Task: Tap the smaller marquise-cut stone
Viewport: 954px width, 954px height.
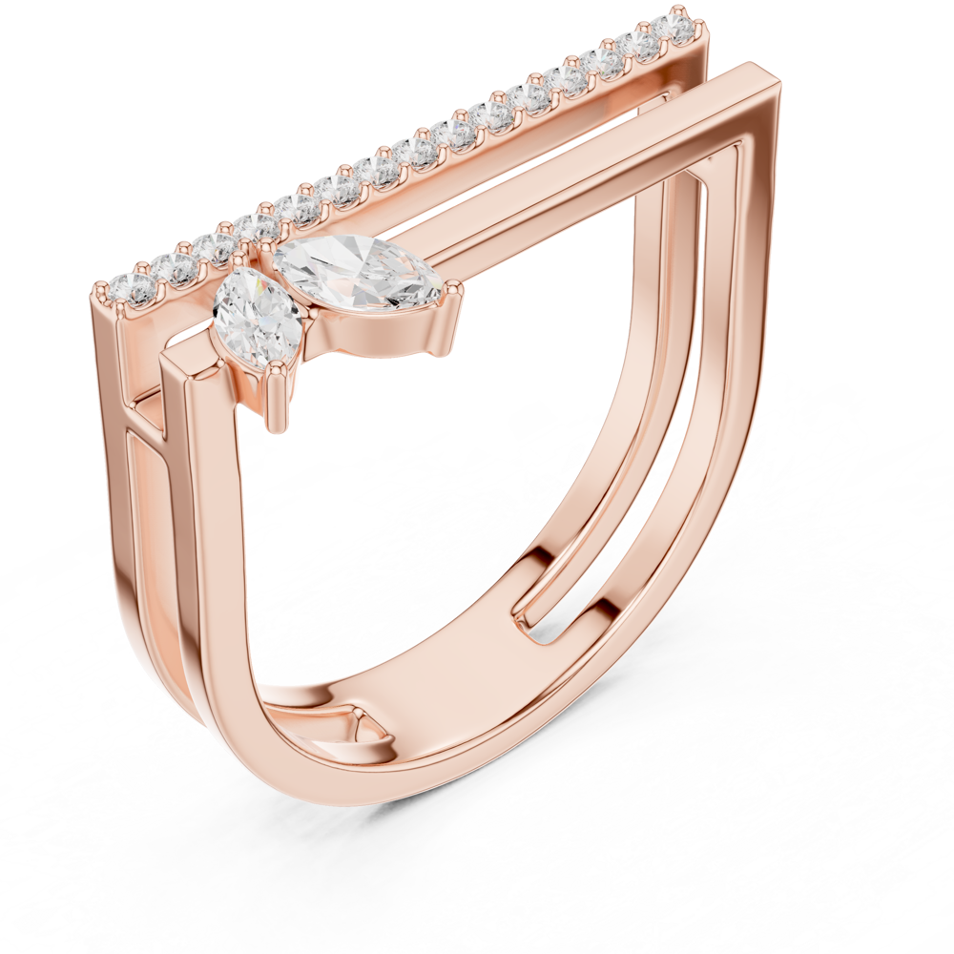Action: click(x=256, y=313)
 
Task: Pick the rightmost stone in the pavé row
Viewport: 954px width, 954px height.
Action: click(x=679, y=26)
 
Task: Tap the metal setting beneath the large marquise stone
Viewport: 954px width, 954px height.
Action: click(x=382, y=329)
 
